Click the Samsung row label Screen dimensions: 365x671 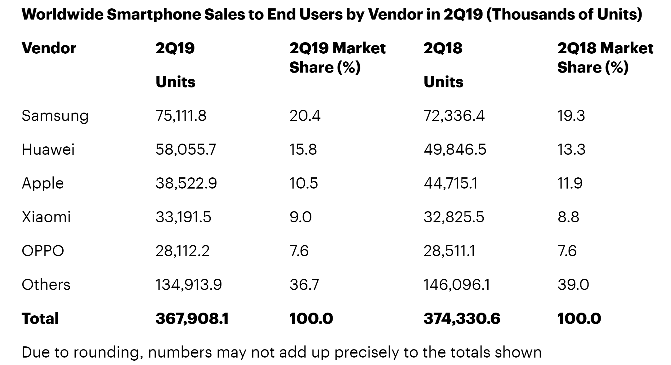click(55, 116)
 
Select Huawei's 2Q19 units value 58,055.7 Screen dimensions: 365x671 click(186, 149)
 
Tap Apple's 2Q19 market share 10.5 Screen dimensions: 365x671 click(303, 183)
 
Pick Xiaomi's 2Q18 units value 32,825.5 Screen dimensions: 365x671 click(454, 217)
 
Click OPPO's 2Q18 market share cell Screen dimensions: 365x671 click(567, 251)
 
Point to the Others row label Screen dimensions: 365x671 click(46, 284)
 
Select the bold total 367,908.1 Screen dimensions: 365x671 click(192, 318)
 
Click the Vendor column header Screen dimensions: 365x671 click(49, 48)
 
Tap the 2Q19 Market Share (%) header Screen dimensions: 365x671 click(337, 58)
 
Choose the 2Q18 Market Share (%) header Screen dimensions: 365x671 click(605, 58)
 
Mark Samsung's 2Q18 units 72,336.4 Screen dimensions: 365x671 click(454, 116)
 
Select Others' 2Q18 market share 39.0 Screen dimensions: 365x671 click(573, 284)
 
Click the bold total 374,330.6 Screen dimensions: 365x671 click(462, 318)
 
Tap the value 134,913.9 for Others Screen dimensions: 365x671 click(188, 284)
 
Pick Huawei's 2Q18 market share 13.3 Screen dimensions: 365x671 click(571, 149)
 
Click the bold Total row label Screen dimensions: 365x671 click(40, 318)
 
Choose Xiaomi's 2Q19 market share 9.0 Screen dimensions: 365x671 click(300, 217)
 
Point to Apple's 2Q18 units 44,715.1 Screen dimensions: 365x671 click(450, 183)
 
